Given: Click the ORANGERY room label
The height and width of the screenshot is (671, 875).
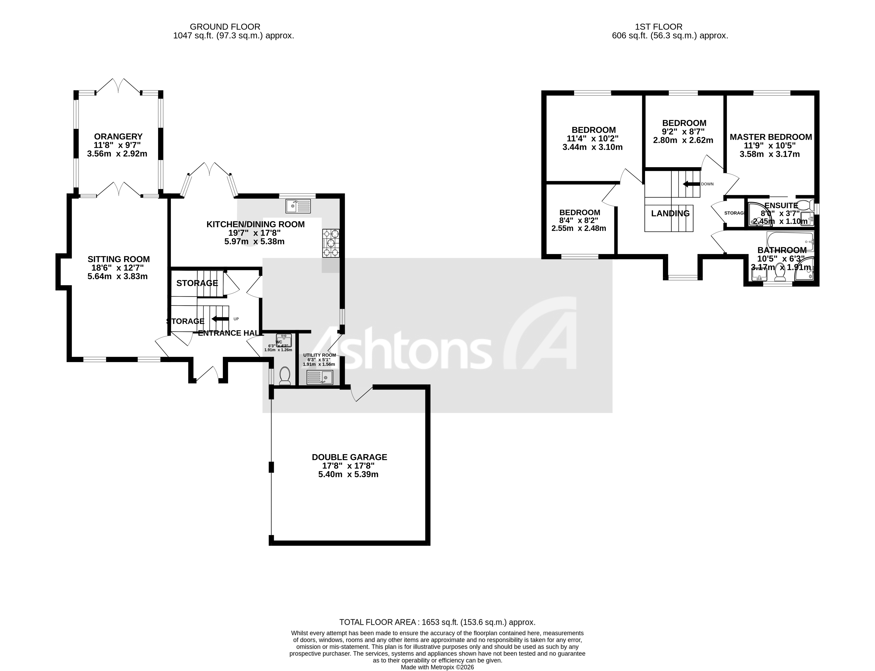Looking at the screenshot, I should point(118,137).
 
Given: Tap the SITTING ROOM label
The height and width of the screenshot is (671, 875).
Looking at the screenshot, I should point(119,259).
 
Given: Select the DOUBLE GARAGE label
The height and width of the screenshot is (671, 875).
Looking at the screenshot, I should point(349,457).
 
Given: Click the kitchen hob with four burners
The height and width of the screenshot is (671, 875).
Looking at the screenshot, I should point(331,243).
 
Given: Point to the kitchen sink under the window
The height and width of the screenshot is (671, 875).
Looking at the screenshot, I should point(298,206).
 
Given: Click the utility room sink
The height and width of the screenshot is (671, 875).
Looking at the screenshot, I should point(319,377).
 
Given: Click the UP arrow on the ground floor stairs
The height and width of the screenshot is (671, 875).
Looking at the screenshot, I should point(220,319).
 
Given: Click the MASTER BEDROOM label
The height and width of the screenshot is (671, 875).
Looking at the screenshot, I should point(771,137).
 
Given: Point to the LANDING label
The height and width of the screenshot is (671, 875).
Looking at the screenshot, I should point(670,213).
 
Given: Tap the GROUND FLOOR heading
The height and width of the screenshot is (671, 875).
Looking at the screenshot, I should point(225,27).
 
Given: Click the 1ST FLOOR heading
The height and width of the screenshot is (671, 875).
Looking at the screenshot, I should point(659,27).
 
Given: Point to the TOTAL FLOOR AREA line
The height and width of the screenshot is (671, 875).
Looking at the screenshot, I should point(437,622).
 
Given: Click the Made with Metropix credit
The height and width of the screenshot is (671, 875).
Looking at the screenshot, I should point(437,667).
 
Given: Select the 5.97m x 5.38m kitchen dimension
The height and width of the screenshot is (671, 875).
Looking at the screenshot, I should point(255,242).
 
